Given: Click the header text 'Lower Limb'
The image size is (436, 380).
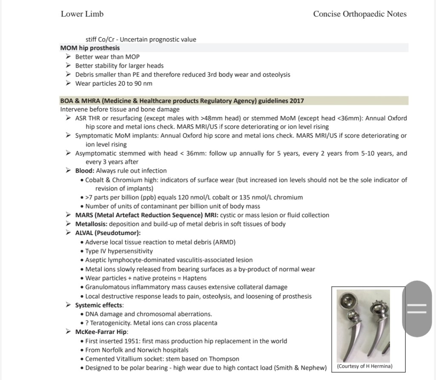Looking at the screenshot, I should point(82,14).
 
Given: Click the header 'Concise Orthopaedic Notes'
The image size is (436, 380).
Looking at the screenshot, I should point(360,14).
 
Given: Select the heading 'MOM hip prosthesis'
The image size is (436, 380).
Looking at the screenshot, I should point(90,48).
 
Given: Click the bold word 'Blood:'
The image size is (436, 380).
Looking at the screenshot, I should point(85,171).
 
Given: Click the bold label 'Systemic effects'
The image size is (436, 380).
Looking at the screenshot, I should point(98,305).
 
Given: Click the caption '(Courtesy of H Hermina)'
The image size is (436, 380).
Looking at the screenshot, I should point(364,366).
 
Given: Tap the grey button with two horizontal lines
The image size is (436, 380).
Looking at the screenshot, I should point(417,309).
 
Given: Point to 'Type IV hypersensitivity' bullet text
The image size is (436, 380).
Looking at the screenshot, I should point(119,251).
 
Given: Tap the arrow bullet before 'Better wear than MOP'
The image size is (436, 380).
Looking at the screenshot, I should point(68,56).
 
